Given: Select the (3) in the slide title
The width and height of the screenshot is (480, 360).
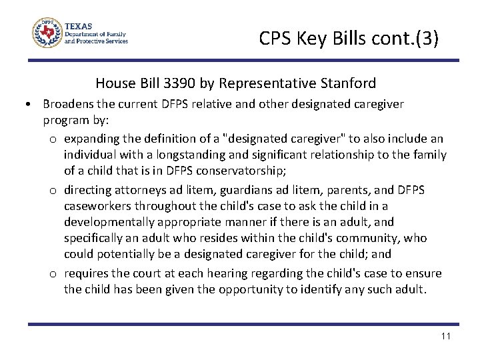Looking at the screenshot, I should click(427, 39).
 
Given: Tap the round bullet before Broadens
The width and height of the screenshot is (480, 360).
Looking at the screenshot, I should click(24, 105).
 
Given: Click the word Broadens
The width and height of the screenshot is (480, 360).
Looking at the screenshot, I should click(68, 104).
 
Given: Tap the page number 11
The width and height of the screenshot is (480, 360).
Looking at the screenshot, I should click(446, 336).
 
